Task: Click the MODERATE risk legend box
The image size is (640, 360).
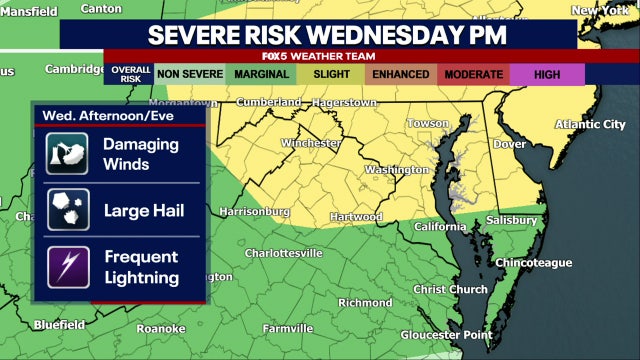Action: coord(473,73)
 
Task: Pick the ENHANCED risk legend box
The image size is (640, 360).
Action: coord(400,73)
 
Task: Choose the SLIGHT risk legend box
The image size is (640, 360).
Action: coord(330,73)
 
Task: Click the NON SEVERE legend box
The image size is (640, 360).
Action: coord(190,73)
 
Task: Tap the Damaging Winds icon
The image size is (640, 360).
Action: coord(68,154)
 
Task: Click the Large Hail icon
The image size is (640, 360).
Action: coord(68,211)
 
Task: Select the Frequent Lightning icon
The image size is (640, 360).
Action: coord(68,267)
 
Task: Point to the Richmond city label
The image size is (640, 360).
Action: coord(365,302)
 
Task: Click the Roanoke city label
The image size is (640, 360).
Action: coord(161,328)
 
